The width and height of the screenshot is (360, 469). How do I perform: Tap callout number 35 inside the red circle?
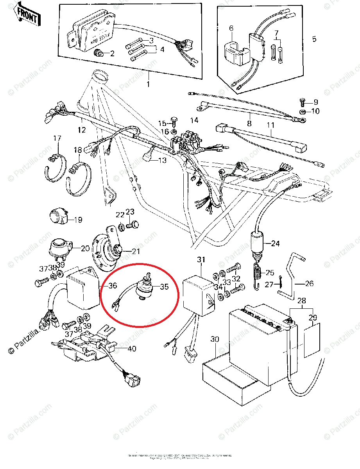coord(164,286)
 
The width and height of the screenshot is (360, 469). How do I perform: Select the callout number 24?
coord(275,243)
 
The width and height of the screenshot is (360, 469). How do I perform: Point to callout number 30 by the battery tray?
coord(215,339)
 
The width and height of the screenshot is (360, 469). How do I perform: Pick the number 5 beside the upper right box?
coord(314,39)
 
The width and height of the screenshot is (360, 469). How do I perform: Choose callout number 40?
coord(132,348)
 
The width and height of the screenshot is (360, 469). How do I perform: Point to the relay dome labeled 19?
coord(59,216)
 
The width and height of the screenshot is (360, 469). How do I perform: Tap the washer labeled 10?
coord(302,112)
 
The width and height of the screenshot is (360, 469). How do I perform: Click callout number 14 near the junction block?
coord(194,120)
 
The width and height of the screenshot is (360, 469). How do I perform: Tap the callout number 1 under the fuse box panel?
coord(148,84)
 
